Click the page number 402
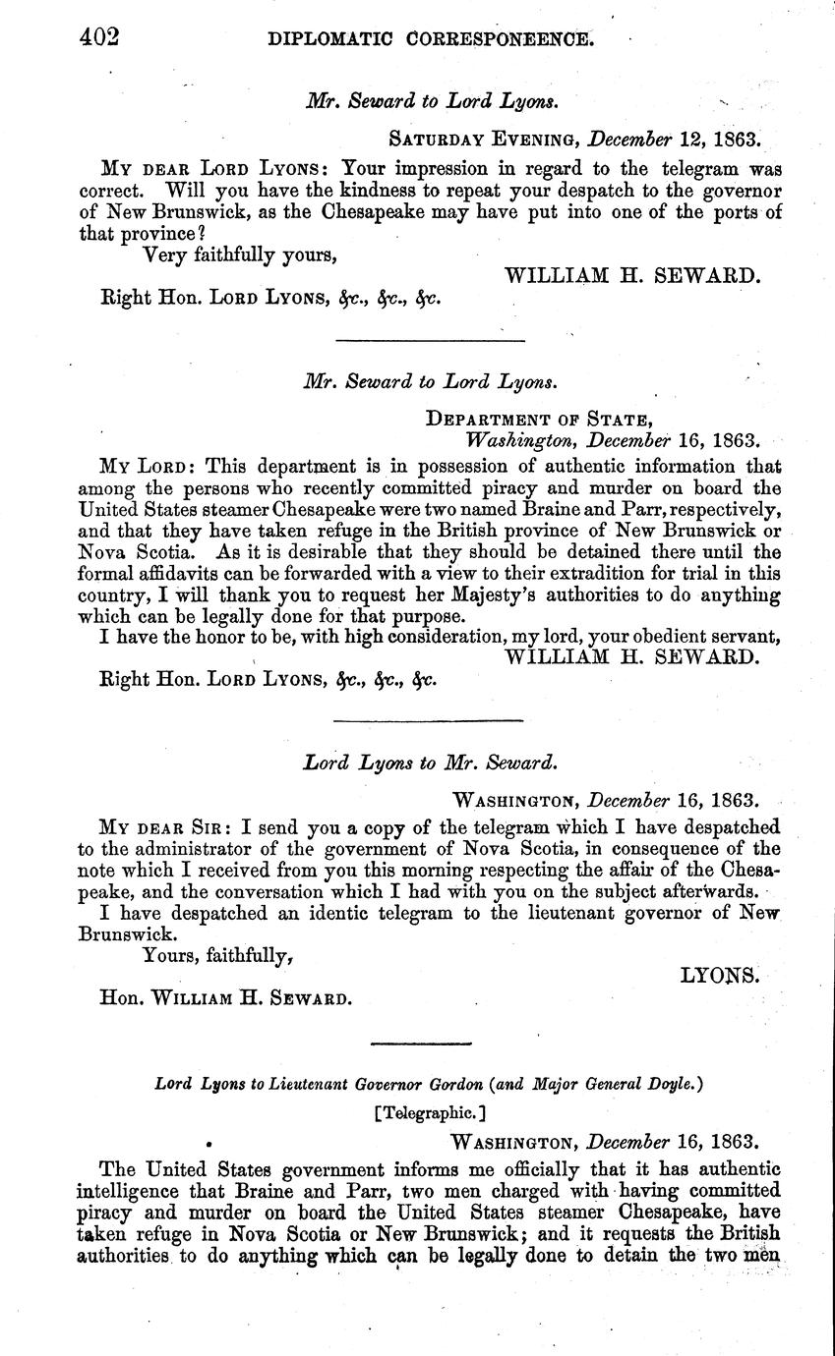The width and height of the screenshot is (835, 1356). coord(99,37)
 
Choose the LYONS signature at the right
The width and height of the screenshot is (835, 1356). coord(720,975)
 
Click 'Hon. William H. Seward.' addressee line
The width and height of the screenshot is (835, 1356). coord(225,998)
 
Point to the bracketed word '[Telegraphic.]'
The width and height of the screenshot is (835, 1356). coord(429,1113)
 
